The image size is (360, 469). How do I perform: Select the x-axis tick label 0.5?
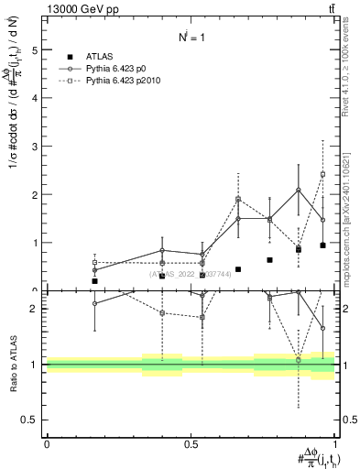pos(191,443)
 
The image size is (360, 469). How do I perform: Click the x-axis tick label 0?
pos(47,443)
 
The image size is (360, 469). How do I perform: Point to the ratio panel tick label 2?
pos(35,309)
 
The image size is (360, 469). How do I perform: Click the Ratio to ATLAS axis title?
pos(12,364)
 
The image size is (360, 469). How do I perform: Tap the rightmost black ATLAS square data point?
pos(323,245)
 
